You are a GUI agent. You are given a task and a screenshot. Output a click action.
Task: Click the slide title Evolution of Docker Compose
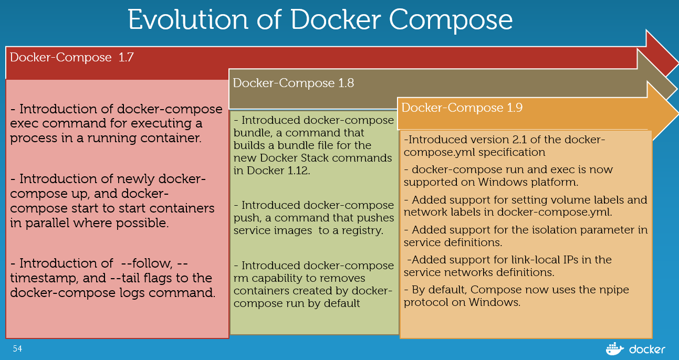click(x=320, y=19)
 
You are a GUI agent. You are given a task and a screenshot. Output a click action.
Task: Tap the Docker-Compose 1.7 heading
click(x=72, y=57)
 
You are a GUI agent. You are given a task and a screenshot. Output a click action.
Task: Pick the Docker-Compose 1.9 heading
click(x=462, y=108)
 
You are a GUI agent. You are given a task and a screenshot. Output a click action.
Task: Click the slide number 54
click(x=18, y=348)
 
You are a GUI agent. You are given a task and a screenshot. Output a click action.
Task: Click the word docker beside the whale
click(x=647, y=349)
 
